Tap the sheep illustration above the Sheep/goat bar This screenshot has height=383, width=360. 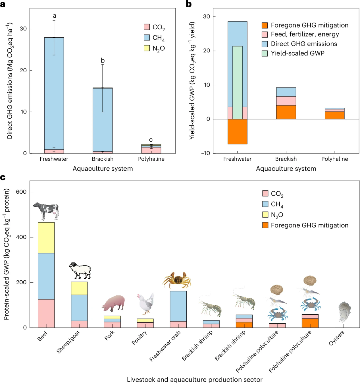click(x=80, y=270)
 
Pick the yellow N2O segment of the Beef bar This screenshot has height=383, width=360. click(x=46, y=238)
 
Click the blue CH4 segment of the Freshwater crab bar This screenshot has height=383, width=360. click(x=178, y=306)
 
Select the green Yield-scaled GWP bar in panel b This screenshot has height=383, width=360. click(x=237, y=82)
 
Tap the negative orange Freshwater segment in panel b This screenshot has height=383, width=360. click(x=237, y=131)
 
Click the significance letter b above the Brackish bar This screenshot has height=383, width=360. click(x=103, y=61)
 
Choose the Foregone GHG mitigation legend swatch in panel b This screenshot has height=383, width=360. click(x=265, y=25)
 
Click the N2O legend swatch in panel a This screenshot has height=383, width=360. click(x=147, y=48)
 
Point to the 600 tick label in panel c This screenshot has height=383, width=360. click(x=21, y=192)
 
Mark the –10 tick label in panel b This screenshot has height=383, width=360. click(x=205, y=153)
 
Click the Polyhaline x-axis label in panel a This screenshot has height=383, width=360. click(x=151, y=159)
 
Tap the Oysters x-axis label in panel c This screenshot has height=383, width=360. click(x=336, y=338)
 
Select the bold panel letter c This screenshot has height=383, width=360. click(x=3, y=178)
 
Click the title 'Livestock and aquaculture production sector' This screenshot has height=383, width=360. click(x=195, y=380)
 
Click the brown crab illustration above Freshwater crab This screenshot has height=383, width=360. click(x=177, y=280)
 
